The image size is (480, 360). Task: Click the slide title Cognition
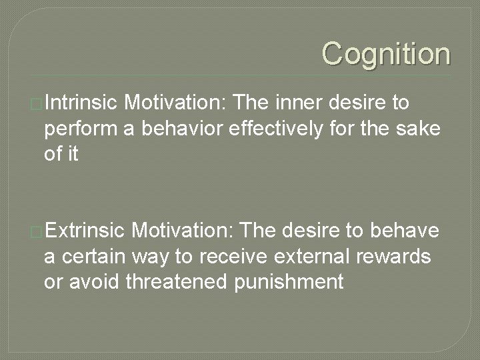click(386, 54)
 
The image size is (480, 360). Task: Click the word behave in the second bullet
click(403, 231)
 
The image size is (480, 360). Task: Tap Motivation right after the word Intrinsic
click(176, 103)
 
